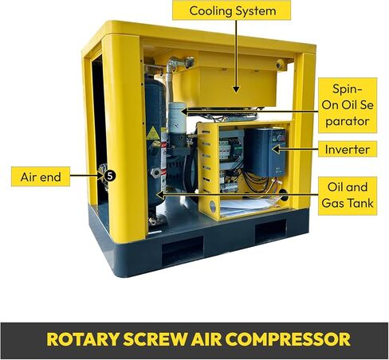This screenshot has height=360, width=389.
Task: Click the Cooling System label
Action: [231, 10]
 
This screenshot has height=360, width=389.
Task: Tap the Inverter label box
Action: [348, 149]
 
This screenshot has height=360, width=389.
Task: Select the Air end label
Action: [41, 177]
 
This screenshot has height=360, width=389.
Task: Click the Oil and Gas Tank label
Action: [348, 195]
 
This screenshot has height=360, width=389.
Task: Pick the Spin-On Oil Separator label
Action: [348, 105]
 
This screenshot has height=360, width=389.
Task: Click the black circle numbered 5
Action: [110, 176]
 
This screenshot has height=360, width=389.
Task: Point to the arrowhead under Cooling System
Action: [236, 89]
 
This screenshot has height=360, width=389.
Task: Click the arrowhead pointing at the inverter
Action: [276, 149]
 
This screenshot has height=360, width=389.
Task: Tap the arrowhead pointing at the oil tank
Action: [159, 195]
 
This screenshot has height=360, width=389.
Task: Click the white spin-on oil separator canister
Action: [177, 118]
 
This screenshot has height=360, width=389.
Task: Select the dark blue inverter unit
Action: [265, 152]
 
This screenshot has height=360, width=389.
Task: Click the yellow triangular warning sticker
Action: [153, 133]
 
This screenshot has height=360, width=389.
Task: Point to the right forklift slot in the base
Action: [270, 230]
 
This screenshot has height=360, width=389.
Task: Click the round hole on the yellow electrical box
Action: [213, 206]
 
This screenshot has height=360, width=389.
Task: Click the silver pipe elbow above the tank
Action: [176, 65]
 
